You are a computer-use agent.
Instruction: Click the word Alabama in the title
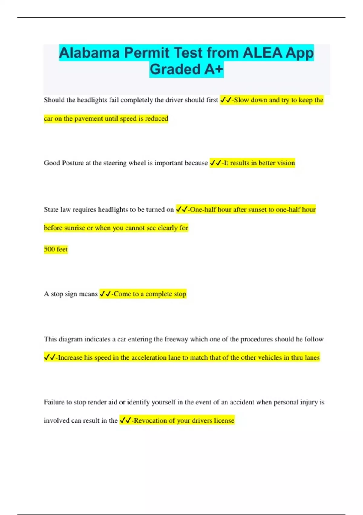tap(89, 53)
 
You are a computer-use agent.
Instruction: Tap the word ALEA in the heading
tap(262, 53)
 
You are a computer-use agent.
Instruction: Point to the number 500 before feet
tap(49, 249)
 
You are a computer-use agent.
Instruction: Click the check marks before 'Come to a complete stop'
tap(105, 294)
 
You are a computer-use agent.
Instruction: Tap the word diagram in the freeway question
tap(70, 339)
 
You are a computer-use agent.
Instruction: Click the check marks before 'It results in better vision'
tap(215, 163)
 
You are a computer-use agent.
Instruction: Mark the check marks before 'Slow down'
tap(226, 100)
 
